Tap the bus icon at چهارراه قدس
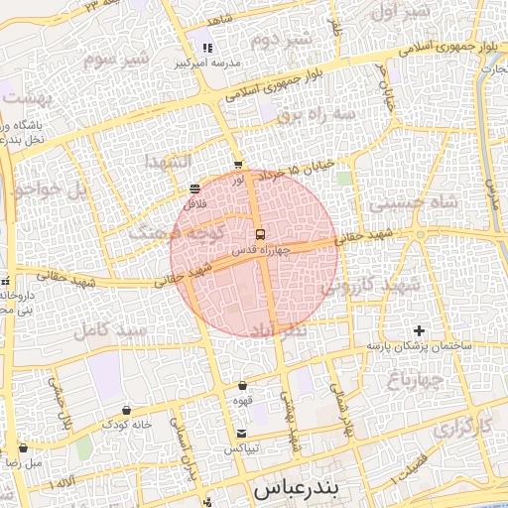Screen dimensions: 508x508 coord(260,235)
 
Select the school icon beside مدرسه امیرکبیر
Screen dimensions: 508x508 coord(207,48)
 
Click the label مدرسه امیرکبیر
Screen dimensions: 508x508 coord(208,63)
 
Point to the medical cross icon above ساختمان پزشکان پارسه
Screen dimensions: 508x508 coord(419,330)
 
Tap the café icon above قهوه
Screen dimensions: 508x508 coord(242,385)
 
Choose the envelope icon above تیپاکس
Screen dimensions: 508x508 coord(242,434)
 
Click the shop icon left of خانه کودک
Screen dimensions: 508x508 coord(126,410)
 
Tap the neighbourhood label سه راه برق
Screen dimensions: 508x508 coord(317,114)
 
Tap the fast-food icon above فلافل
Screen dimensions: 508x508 coord(194,189)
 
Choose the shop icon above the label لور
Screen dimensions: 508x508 coord(237,165)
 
